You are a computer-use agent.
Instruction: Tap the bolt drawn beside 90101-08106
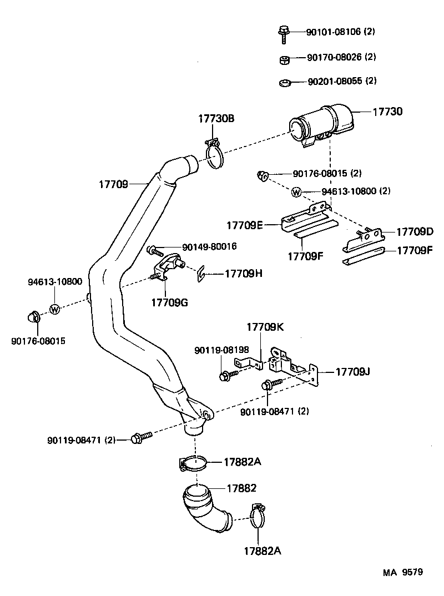tap(282, 33)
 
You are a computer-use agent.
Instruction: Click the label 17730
tap(387, 112)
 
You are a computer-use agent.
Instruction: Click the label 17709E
tap(244, 225)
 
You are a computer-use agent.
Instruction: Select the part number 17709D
tap(413, 231)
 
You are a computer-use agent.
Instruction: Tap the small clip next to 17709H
tap(202, 272)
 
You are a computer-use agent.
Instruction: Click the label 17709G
tap(169, 302)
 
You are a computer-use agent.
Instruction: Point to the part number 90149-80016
tap(209, 247)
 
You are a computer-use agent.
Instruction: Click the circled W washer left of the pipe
tap(55, 309)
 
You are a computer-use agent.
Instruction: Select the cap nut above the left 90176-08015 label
tap(32, 317)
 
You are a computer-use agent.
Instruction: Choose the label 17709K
tap(265, 327)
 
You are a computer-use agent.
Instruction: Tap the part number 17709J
tap(352, 371)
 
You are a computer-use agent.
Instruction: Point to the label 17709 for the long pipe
tap(114, 184)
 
